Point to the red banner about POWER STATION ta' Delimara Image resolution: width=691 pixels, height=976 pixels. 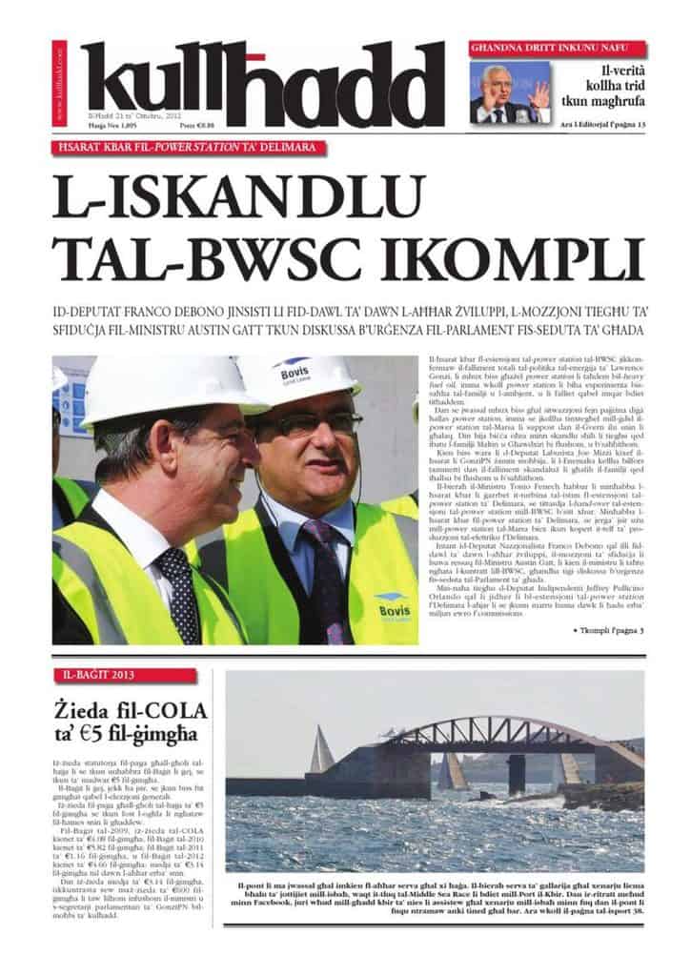190,148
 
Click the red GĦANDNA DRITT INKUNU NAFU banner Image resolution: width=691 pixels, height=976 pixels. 557,49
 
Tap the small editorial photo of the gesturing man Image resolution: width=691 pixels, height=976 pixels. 509,91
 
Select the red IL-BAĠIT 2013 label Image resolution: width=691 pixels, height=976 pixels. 125,676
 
